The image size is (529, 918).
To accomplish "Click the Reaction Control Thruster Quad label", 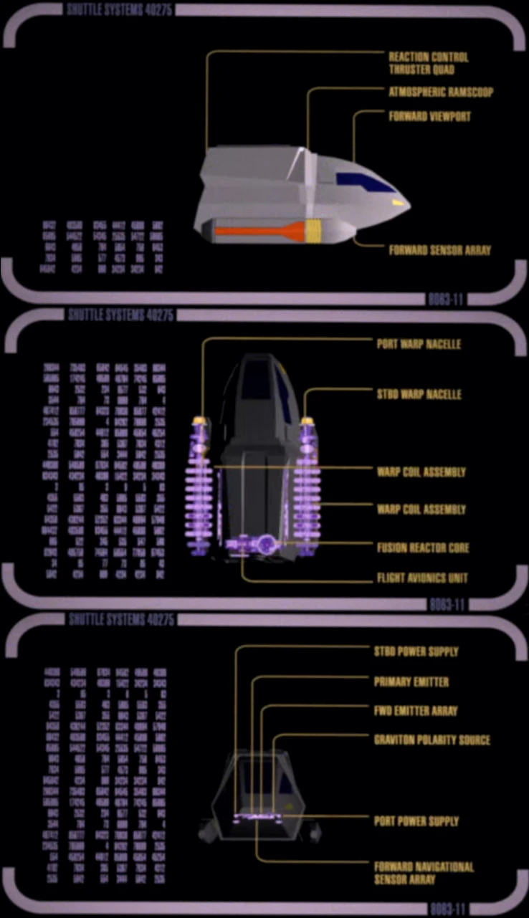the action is (428, 63).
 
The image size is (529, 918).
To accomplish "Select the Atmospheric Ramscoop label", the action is (440, 92).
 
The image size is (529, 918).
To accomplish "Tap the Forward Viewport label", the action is (429, 116).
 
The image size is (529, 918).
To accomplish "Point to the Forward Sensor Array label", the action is (439, 251).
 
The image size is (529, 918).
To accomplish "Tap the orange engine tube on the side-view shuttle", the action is (258, 231).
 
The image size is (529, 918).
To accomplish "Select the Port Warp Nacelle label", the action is (419, 344).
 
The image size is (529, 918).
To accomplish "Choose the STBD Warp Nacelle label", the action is (419, 394).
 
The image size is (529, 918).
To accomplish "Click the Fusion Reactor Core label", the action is (423, 548).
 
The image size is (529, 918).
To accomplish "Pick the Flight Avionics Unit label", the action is (422, 578).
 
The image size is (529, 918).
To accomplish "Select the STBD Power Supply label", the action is (416, 652).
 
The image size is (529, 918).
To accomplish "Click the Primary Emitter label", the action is (411, 682).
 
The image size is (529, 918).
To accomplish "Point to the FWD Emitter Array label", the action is (415, 711).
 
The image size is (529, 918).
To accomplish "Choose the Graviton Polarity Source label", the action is (431, 740).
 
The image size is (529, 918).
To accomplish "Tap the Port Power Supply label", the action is (416, 821).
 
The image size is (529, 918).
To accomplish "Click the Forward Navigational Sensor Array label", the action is (424, 873).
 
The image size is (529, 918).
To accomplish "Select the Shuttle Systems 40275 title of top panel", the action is (120, 10).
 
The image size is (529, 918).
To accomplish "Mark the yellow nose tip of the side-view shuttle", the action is (400, 204).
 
